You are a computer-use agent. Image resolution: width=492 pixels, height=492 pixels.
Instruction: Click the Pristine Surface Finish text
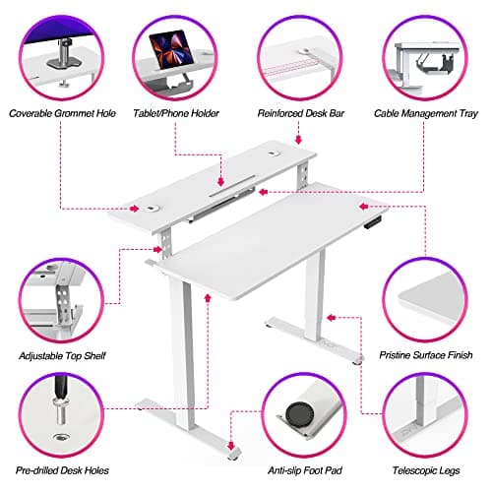click(426, 354)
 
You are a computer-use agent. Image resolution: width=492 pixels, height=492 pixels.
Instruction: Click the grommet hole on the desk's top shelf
click(156, 208)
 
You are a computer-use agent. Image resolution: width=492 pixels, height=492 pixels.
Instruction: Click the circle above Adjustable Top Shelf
click(59, 300)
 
